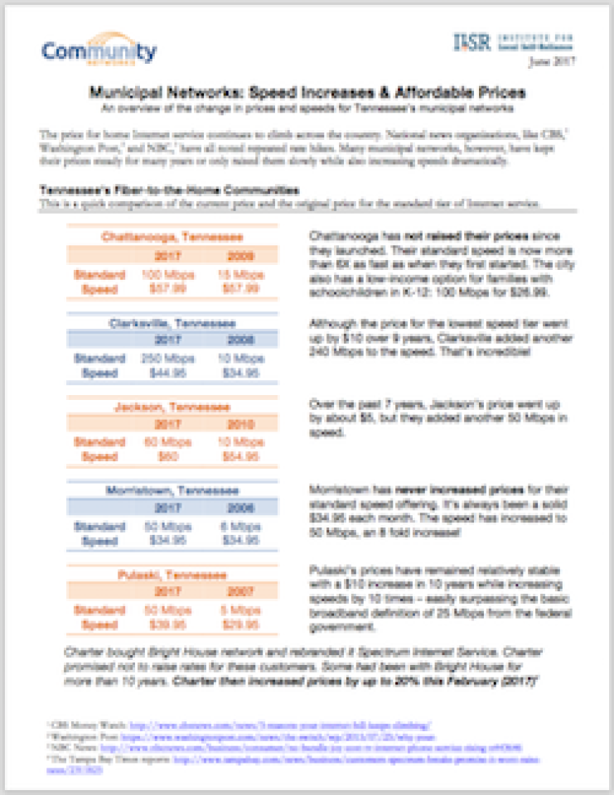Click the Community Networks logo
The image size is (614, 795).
point(99,51)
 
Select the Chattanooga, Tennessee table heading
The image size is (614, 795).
point(172,237)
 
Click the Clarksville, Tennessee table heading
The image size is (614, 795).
point(172,322)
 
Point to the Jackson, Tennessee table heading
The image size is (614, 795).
point(172,407)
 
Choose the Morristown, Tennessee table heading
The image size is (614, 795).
point(172,490)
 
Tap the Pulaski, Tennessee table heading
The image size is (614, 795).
point(172,575)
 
